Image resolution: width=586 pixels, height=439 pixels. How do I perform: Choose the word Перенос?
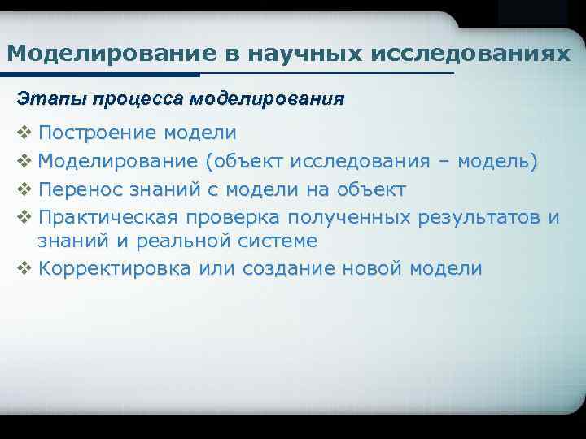point(78,189)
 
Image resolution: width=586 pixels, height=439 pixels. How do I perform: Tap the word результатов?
point(479,218)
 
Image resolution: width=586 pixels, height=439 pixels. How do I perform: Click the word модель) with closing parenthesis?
point(497,161)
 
